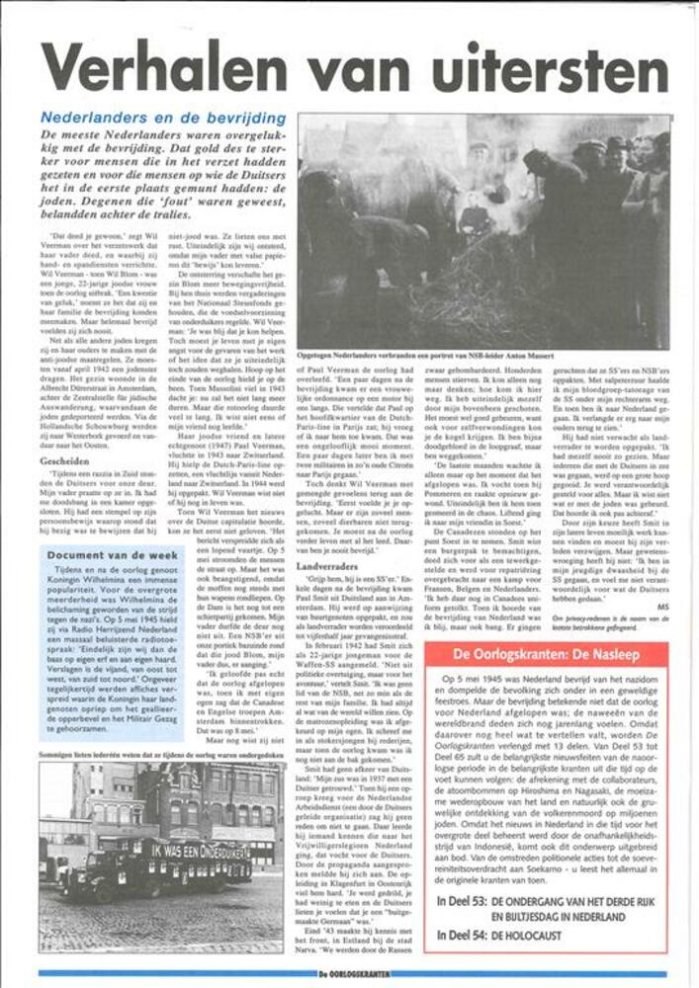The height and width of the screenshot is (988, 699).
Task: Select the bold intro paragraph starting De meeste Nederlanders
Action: (x=161, y=175)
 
